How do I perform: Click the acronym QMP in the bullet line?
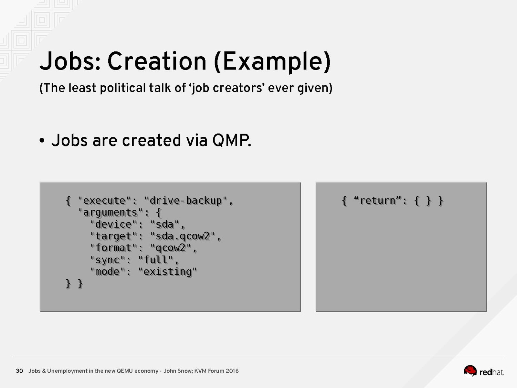click(x=232, y=141)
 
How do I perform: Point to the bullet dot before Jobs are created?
click(x=42, y=141)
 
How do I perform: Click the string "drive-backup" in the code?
click(x=186, y=201)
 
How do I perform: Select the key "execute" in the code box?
click(x=104, y=201)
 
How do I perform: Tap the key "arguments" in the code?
click(x=111, y=212)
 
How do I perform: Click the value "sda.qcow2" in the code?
click(x=183, y=236)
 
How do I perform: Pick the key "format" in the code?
click(x=113, y=248)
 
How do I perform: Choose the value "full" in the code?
click(x=156, y=260)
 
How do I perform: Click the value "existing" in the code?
click(x=168, y=272)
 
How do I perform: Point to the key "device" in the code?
click(x=113, y=224)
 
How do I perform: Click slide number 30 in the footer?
click(x=19, y=371)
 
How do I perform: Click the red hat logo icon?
click(x=470, y=371)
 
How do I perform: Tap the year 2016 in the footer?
click(x=232, y=371)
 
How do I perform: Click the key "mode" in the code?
click(x=107, y=272)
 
